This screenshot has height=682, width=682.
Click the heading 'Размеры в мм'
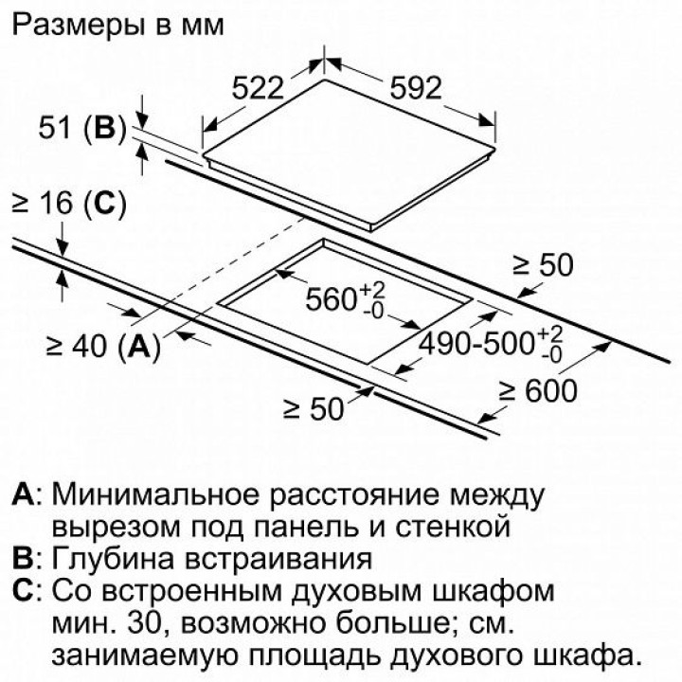click(118, 26)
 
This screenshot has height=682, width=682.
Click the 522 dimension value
click(259, 88)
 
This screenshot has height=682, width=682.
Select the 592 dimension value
click(415, 88)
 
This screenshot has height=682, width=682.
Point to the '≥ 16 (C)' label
click(67, 202)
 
